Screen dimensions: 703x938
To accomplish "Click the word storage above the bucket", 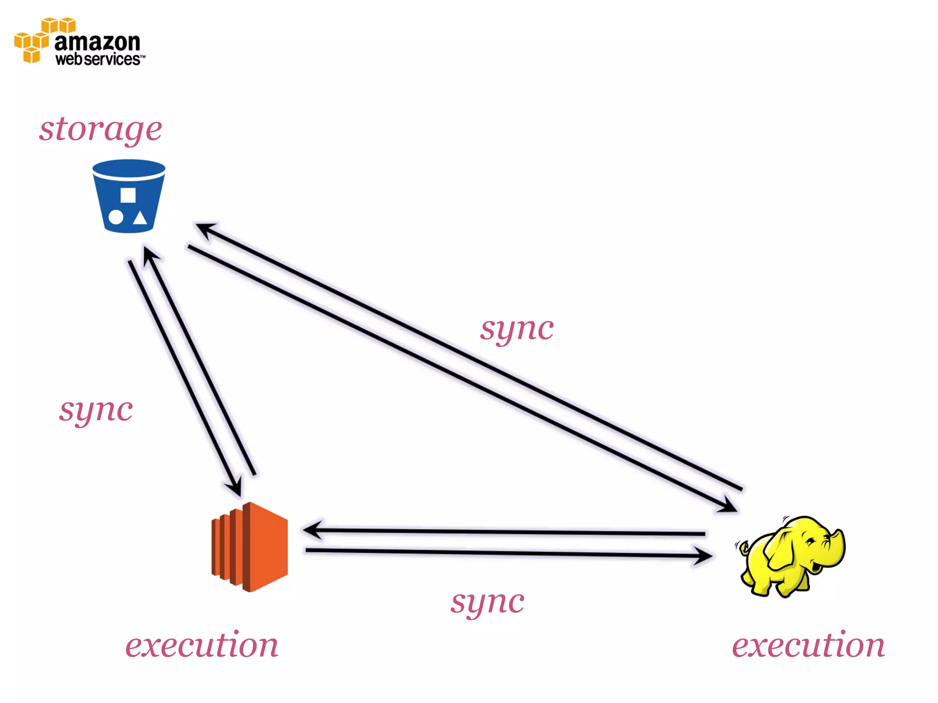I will pyautogui.click(x=100, y=129).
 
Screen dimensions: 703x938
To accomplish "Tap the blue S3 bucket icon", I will pyautogui.click(x=129, y=196).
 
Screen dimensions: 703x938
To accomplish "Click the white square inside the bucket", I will pyautogui.click(x=128, y=195).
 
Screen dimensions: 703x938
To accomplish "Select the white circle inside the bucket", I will pyautogui.click(x=115, y=217).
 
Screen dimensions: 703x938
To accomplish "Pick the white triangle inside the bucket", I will pyautogui.click(x=140, y=218).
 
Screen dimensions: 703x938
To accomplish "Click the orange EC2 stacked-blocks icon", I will pyautogui.click(x=250, y=547).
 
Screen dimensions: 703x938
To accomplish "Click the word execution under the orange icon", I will pyautogui.click(x=202, y=645).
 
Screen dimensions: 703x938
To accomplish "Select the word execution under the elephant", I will pyautogui.click(x=808, y=645).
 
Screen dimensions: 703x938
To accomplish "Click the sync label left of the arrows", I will pyautogui.click(x=96, y=410).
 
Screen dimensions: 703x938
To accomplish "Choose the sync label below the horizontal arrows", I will pyautogui.click(x=487, y=602).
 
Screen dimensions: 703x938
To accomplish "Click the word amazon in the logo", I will pyautogui.click(x=97, y=42).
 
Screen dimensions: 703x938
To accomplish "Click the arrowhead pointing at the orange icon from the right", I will pyautogui.click(x=311, y=530).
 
